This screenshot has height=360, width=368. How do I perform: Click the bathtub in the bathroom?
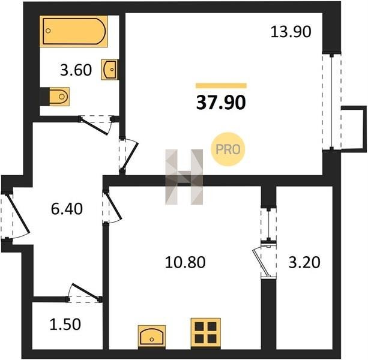[74, 31]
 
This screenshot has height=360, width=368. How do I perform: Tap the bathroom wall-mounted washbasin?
[110, 70]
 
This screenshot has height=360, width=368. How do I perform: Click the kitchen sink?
[152, 337]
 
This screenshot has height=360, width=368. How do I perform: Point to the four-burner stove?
[205, 332]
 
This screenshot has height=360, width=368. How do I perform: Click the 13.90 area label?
[291, 32]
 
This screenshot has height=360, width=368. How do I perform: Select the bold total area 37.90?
[221, 103]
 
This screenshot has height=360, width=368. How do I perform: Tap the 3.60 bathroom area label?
[76, 70]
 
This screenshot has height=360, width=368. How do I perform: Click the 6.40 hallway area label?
[67, 209]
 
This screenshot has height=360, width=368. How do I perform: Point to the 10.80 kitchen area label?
[185, 262]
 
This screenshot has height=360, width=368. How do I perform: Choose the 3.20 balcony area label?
[304, 262]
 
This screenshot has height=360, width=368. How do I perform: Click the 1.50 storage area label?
[65, 325]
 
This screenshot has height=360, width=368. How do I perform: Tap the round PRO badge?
[228, 149]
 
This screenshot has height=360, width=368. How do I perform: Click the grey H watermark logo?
[184, 177]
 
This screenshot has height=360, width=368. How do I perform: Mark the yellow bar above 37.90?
[222, 86]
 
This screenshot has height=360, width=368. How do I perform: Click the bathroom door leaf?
[94, 127]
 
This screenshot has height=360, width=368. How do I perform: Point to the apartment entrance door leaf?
[18, 213]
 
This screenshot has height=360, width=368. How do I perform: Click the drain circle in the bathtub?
[48, 31]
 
